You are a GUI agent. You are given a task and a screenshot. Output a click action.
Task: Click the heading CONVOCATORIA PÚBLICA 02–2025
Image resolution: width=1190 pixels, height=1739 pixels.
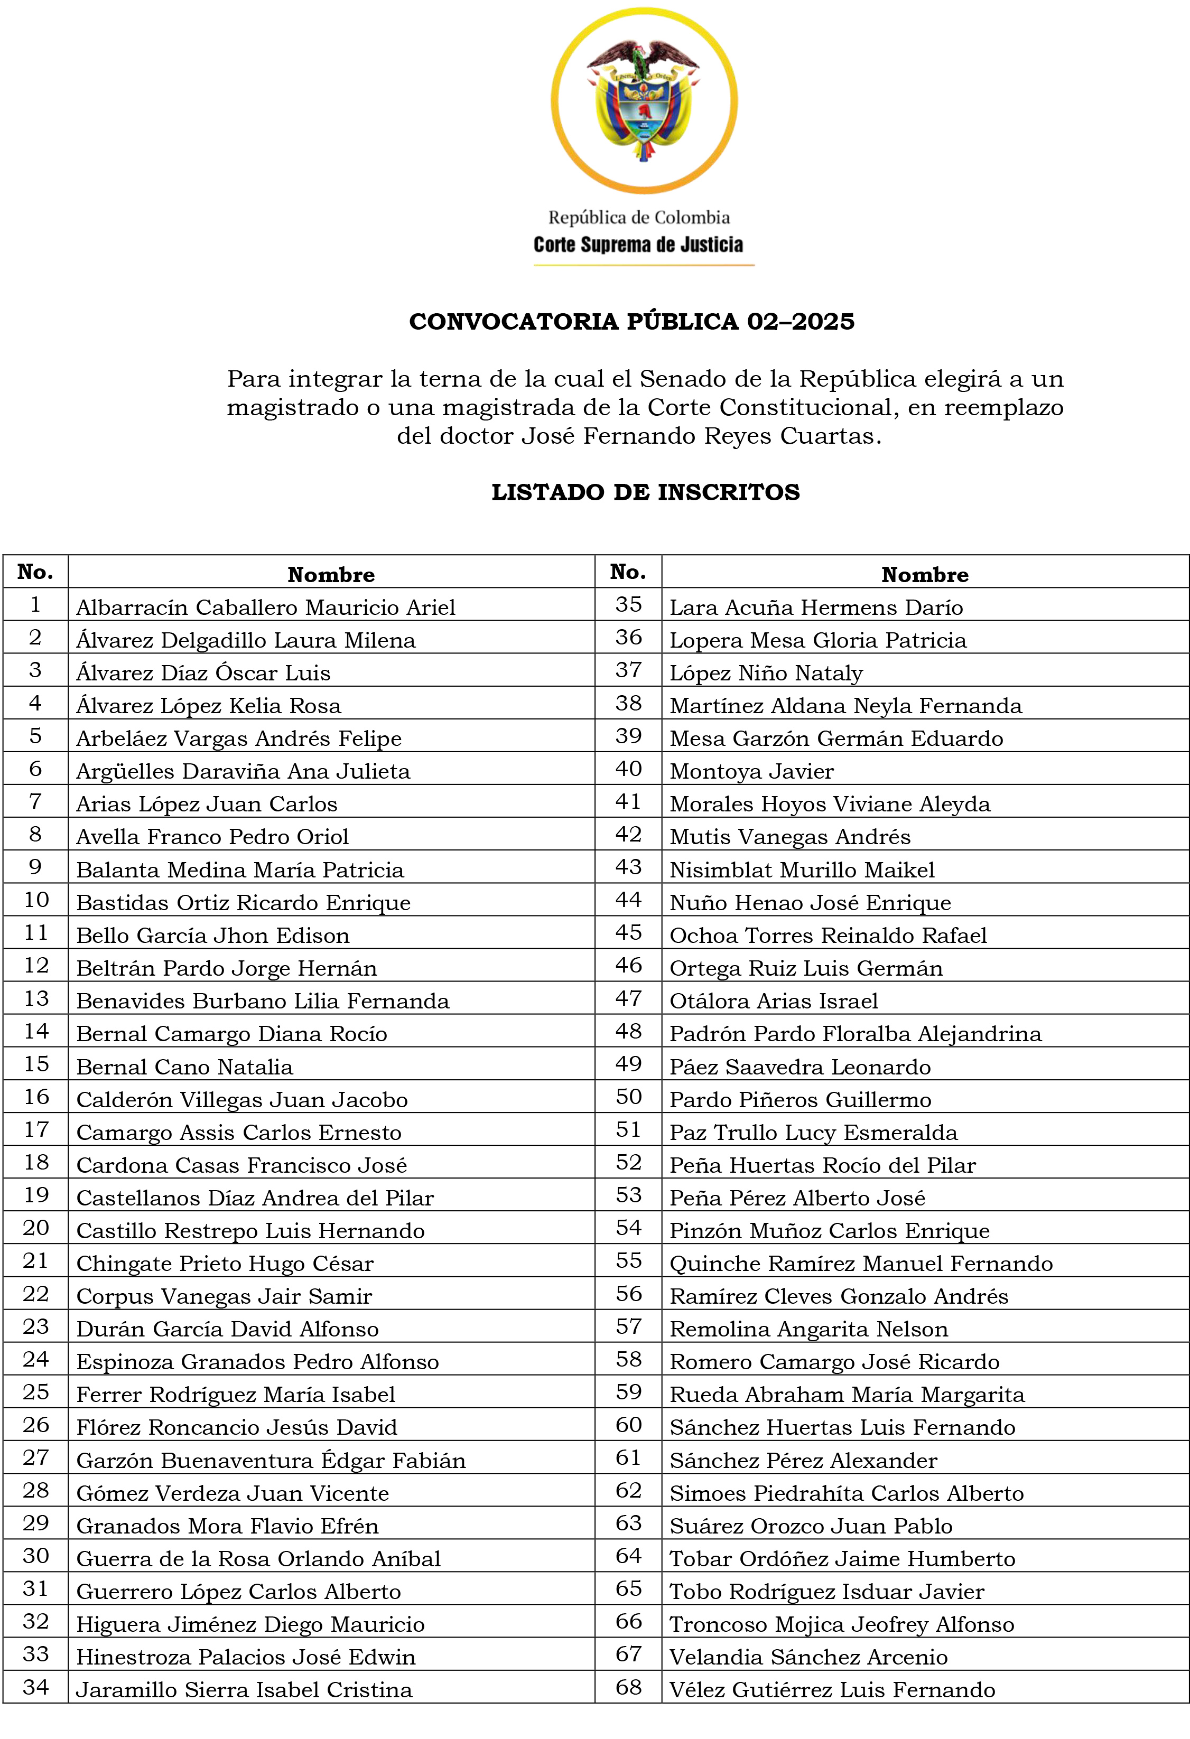(631, 322)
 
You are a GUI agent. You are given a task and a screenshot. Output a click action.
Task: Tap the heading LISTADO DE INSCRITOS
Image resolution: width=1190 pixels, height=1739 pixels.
(645, 492)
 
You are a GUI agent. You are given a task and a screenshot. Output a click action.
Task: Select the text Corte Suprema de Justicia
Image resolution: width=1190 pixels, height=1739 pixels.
(638, 245)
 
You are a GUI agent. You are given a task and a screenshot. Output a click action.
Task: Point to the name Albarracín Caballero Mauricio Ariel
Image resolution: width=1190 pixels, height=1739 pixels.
(266, 607)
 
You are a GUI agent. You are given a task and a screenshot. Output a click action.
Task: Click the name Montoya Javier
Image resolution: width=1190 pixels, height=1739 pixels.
(751, 771)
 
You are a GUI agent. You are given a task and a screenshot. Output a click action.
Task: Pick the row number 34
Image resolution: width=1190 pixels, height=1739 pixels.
(35, 1687)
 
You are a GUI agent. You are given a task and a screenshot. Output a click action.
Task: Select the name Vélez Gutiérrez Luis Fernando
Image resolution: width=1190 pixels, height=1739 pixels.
(832, 1690)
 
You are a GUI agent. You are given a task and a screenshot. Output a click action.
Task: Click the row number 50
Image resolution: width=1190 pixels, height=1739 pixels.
(629, 1098)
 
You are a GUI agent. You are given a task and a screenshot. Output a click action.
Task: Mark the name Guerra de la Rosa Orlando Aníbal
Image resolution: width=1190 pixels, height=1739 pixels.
(258, 1559)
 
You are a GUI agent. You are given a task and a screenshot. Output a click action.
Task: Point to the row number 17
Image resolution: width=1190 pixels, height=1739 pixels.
(35, 1130)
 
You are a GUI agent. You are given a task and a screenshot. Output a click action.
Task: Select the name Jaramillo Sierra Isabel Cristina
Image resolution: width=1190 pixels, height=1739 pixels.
(244, 1690)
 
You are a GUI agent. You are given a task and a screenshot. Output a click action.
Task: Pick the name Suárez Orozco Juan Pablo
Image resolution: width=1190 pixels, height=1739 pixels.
(811, 1526)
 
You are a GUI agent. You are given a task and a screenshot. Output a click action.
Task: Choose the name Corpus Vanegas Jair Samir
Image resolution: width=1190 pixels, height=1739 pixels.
(224, 1296)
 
